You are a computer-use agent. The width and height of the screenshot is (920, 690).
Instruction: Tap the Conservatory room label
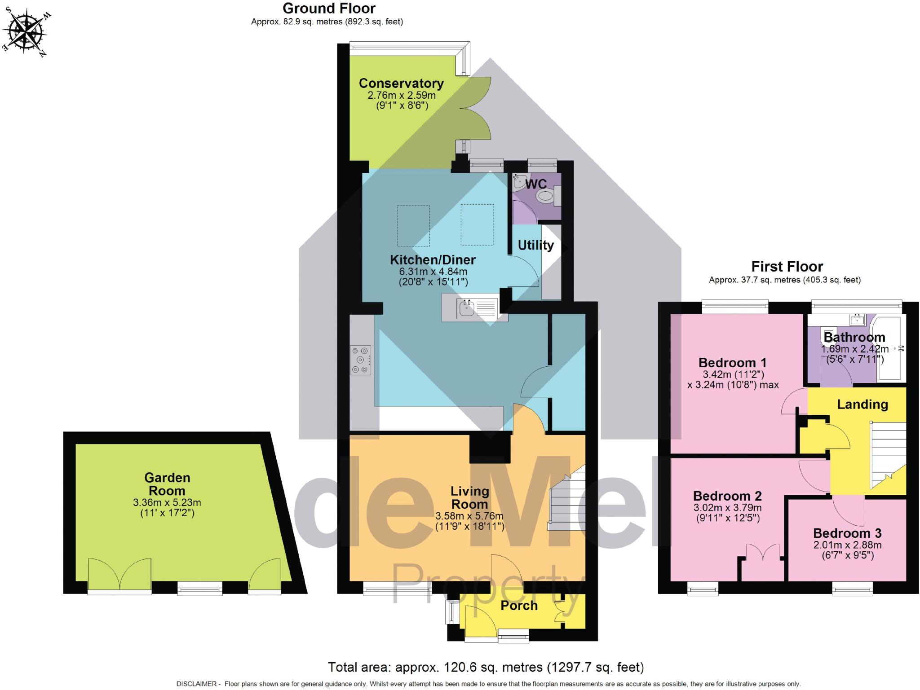click(x=401, y=84)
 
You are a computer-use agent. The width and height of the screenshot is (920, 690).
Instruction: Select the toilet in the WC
click(x=545, y=196)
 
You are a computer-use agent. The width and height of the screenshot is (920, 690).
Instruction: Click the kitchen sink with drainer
click(x=475, y=308)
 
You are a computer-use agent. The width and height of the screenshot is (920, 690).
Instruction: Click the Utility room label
click(x=535, y=245)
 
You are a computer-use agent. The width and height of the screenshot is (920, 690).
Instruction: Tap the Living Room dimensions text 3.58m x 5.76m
click(x=469, y=516)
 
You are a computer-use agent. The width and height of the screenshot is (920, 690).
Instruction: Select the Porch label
click(x=519, y=606)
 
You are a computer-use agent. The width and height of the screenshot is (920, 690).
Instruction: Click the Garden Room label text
click(x=167, y=484)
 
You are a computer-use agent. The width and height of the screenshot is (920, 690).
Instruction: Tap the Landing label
click(x=862, y=404)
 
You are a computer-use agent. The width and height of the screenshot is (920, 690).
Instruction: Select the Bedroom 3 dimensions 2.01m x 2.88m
click(x=847, y=545)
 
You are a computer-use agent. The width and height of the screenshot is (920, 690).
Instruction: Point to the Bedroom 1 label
click(x=732, y=363)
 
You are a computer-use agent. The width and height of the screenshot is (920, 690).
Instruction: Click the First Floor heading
click(x=787, y=267)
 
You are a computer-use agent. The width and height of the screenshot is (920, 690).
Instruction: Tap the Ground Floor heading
click(x=329, y=9)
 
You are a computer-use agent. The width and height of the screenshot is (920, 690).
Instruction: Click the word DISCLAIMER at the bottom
click(x=196, y=684)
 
